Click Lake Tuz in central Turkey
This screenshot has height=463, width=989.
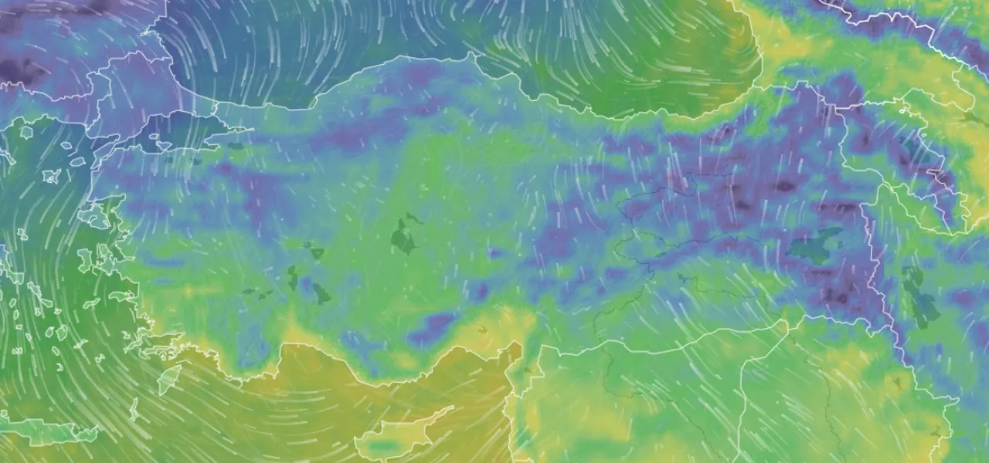pyautogui.click(x=403, y=237)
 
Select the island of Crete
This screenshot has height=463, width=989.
pyautogui.click(x=54, y=432)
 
